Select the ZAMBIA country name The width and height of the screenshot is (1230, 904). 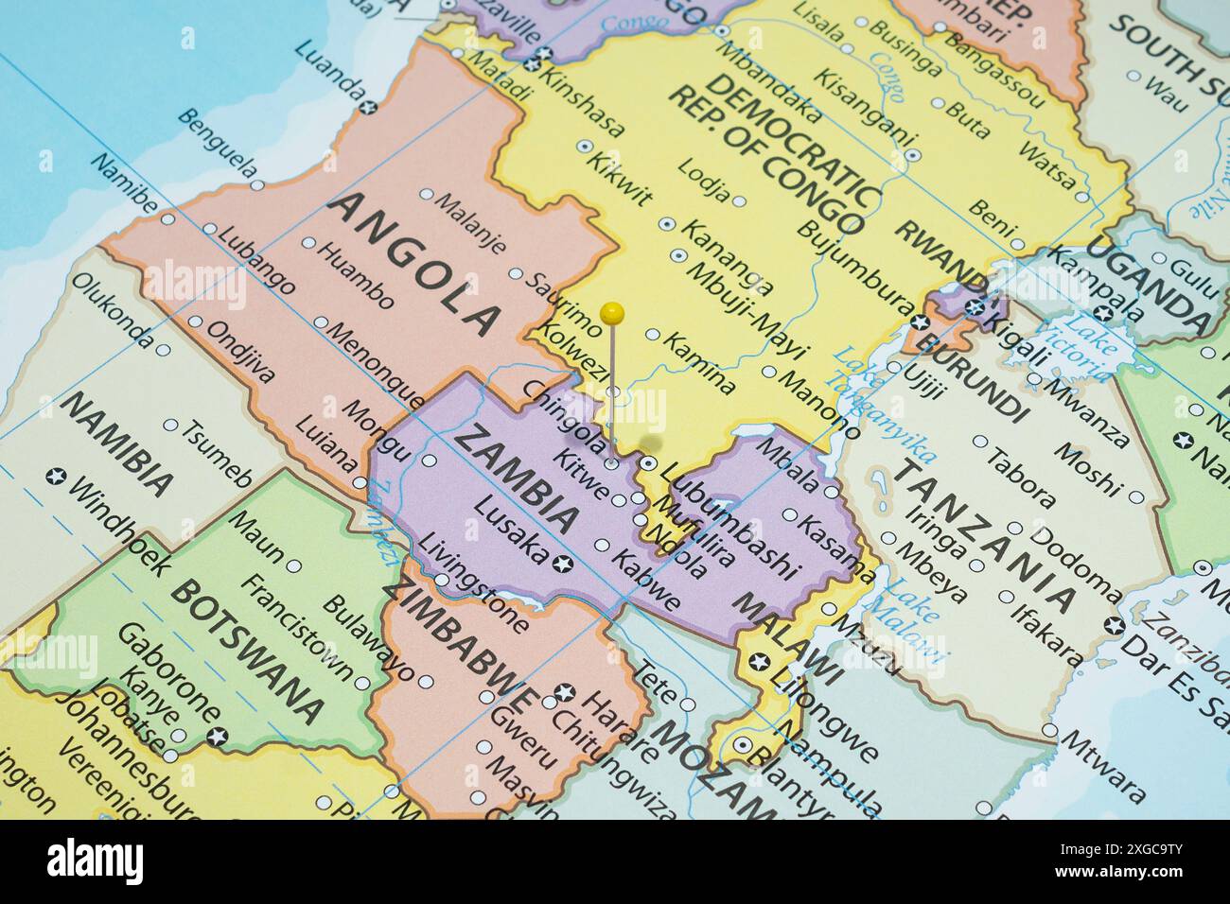[x=516, y=477]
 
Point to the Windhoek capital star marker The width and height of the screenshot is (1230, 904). [x=56, y=477]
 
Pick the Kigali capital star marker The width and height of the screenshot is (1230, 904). [x=975, y=305]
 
